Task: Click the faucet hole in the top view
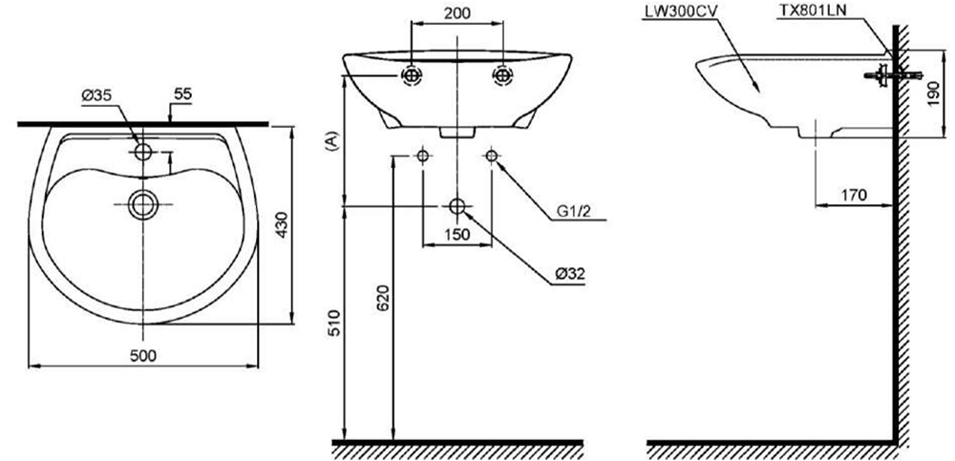coord(143,152)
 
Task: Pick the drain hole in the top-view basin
coord(143,202)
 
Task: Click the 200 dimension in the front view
coord(457,15)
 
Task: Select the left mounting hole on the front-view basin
coord(412,75)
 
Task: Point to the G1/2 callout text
coord(578,212)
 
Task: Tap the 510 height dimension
coord(330,323)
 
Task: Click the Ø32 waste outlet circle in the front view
coord(457,206)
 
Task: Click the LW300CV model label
coord(682,10)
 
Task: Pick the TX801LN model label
coord(812,10)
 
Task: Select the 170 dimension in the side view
coord(855,195)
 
